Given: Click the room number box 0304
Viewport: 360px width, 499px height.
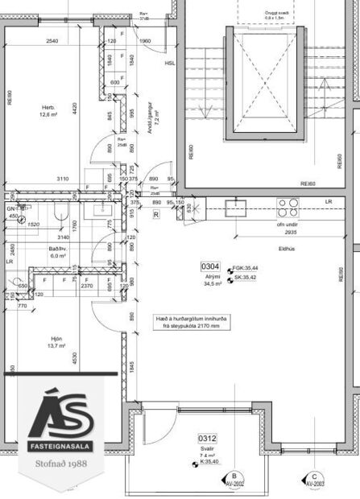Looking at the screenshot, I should click(210, 266).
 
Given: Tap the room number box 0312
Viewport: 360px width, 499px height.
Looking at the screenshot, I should click(208, 438).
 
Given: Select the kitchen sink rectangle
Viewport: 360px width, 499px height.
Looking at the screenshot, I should click(236, 208).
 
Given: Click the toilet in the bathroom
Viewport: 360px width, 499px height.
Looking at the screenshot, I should click(61, 212).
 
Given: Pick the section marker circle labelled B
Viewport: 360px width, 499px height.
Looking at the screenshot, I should click(234, 478).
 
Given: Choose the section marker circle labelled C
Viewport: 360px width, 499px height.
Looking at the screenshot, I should click(311, 478).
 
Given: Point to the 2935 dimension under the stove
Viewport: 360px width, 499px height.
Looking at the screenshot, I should click(292, 231).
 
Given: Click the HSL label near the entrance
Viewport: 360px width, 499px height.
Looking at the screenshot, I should click(169, 62).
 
